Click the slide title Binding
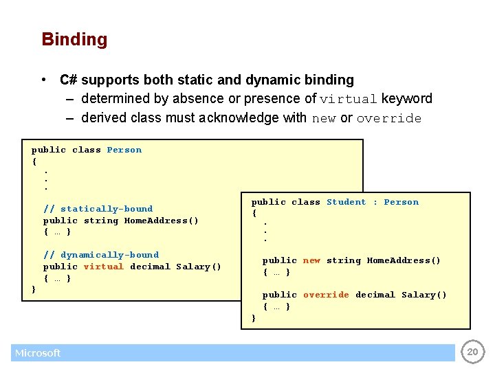[74, 39]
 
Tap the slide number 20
[472, 352]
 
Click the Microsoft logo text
[38, 353]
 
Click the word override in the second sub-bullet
[389, 118]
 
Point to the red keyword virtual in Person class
[103, 267]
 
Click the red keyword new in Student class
[311, 260]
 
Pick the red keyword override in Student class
[326, 295]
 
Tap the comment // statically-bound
[98, 209]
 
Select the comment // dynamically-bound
[101, 255]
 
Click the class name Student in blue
[346, 202]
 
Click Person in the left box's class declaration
[124, 150]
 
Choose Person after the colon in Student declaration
[401, 202]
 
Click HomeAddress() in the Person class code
[161, 221]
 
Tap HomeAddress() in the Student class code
[404, 260]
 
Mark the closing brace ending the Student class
[254, 318]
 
